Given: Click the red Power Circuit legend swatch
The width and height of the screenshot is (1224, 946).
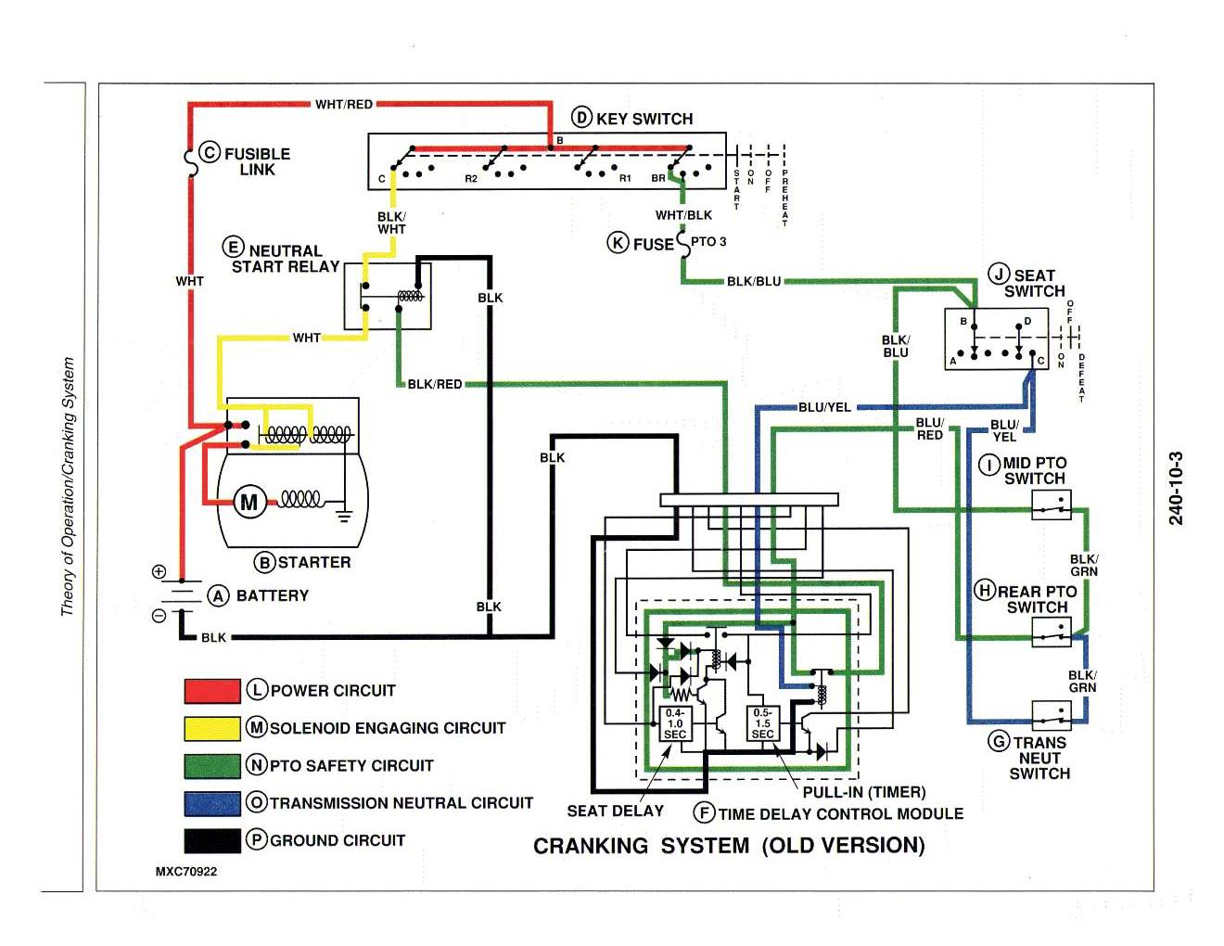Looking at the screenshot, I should [x=212, y=691].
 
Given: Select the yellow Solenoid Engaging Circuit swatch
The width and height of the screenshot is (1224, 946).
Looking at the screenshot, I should [x=212, y=728].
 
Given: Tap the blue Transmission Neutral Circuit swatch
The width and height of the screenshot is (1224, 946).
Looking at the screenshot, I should [x=212, y=803].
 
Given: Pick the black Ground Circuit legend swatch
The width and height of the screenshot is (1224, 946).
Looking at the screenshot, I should [x=212, y=840].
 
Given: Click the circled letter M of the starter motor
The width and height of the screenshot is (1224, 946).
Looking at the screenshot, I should [x=249, y=503].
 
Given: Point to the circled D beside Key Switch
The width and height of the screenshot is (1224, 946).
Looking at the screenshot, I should [x=581, y=118].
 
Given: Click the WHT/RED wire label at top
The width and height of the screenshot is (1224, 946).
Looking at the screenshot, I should [x=344, y=105].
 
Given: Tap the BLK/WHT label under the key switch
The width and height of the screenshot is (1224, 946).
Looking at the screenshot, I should [x=391, y=223].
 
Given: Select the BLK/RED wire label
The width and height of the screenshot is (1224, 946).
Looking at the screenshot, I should [x=435, y=384].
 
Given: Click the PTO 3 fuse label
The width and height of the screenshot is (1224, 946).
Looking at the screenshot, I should [x=708, y=242].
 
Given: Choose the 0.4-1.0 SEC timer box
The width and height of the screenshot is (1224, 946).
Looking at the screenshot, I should [x=674, y=723].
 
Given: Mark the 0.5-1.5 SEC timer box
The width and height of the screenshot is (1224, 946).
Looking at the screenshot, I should [x=762, y=723].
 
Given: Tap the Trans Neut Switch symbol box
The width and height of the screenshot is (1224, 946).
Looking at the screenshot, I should [x=1052, y=715].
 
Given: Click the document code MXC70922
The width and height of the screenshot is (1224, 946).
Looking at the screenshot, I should [x=186, y=872].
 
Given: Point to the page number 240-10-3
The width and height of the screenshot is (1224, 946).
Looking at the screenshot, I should [x=1176, y=489].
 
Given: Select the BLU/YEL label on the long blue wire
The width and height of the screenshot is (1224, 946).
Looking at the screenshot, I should [x=824, y=407].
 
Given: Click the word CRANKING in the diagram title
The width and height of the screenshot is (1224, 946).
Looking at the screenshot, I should [x=591, y=846].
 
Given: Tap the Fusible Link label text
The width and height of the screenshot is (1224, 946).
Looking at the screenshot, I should [x=257, y=161].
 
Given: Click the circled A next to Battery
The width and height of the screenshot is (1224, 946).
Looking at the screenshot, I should [x=218, y=595].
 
